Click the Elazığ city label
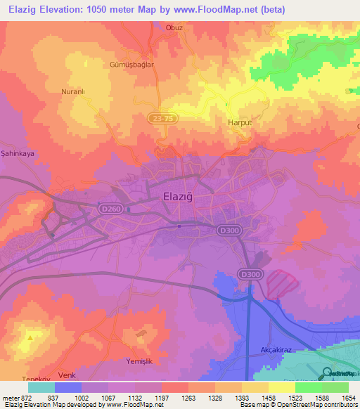[x=180, y=197]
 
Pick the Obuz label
[x=193, y=27]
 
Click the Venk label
[x=67, y=375]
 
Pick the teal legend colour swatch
[x=41, y=387]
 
